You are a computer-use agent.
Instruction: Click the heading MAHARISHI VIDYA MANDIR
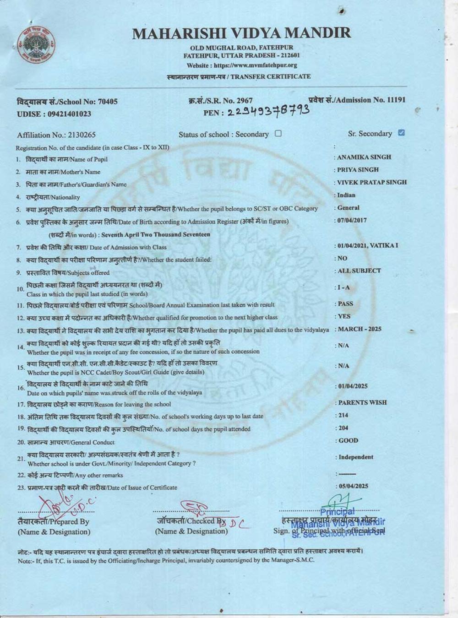[x=241, y=33]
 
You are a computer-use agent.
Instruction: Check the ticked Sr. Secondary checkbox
[x=402, y=133]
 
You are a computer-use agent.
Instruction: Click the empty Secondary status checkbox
[x=278, y=134]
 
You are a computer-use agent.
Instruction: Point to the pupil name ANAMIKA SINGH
[x=364, y=157]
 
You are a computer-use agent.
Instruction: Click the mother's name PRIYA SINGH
[x=358, y=169]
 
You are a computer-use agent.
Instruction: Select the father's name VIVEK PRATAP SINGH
[x=371, y=182]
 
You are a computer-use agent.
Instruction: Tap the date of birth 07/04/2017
[x=352, y=220]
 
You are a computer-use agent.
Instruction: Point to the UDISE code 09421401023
[x=69, y=114]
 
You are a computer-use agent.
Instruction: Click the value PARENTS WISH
[x=362, y=402]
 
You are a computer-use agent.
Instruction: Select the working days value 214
[x=343, y=415]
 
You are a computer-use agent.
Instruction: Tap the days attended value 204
[x=343, y=428]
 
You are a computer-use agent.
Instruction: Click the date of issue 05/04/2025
[x=353, y=486]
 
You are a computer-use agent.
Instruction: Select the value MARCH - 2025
[x=360, y=329]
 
